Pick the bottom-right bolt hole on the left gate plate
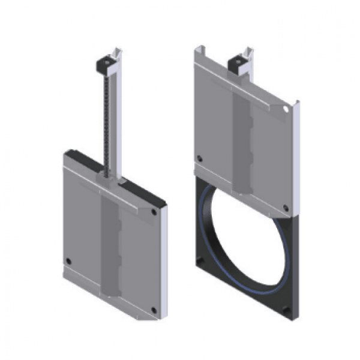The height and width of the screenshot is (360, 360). tap(154, 310)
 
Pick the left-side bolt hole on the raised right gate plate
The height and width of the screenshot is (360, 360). tap(199, 159)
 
